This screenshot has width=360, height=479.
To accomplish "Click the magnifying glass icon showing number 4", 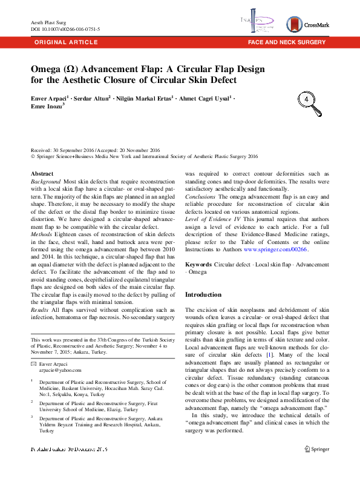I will (x=308, y=99).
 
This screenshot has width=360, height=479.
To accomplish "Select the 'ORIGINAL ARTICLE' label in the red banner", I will (x=66, y=42).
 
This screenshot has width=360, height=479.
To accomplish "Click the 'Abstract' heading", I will (x=42, y=173).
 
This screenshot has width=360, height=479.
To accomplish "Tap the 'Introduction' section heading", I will (x=203, y=294).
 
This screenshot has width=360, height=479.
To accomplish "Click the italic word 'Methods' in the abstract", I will (x=43, y=233).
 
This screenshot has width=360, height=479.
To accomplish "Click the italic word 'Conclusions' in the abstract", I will (x=200, y=196).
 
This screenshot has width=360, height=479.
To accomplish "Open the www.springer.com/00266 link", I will (x=275, y=249).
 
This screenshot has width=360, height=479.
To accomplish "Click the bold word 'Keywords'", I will (x=198, y=265).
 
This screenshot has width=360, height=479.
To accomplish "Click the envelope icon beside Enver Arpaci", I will (x=33, y=362).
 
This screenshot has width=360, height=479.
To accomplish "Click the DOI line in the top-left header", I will (x=65, y=28).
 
